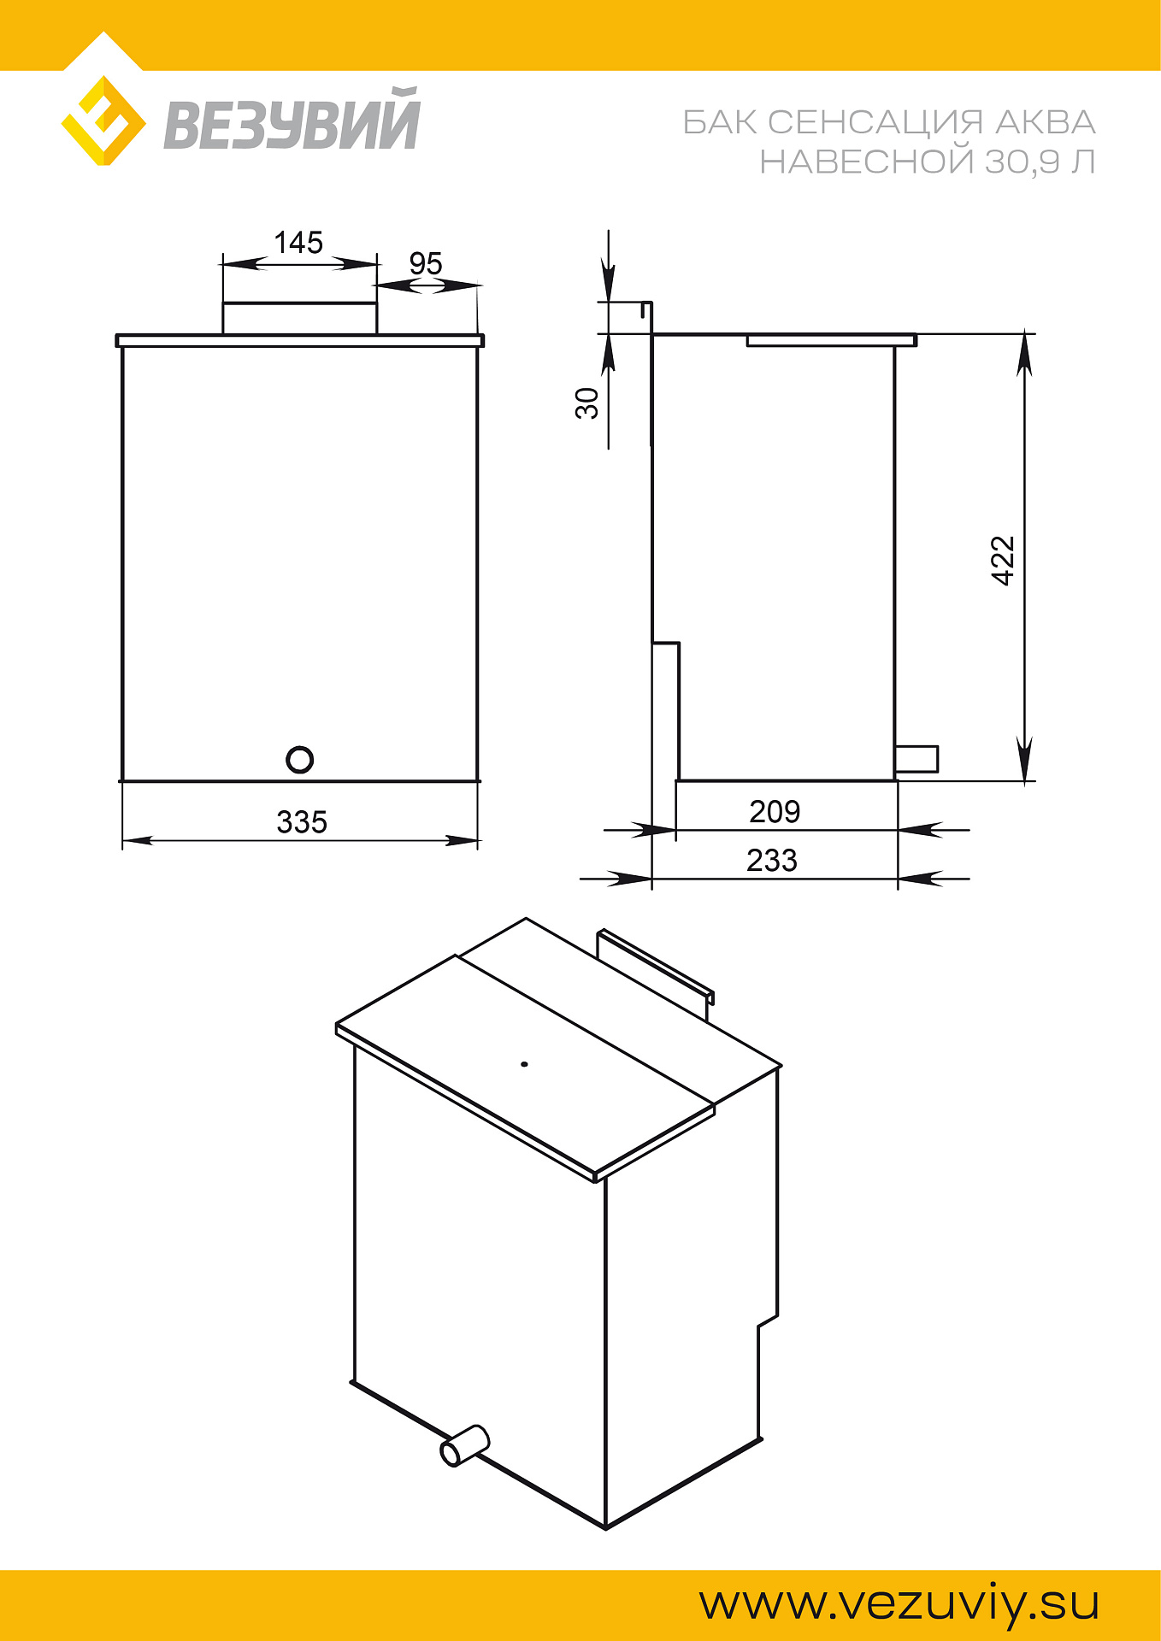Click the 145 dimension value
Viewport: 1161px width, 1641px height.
tap(298, 242)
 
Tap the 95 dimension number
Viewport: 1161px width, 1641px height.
tap(426, 263)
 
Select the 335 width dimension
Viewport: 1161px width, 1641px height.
tap(302, 821)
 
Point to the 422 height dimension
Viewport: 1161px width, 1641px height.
tap(1002, 561)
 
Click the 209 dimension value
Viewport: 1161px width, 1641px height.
tap(775, 811)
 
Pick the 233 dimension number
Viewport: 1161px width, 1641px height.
tap(772, 860)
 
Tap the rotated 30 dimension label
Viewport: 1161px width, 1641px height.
tap(586, 403)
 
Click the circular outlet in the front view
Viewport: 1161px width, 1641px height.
tap(299, 759)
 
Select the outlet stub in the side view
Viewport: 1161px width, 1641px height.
tap(916, 759)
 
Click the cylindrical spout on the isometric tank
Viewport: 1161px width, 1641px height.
tap(464, 1445)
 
